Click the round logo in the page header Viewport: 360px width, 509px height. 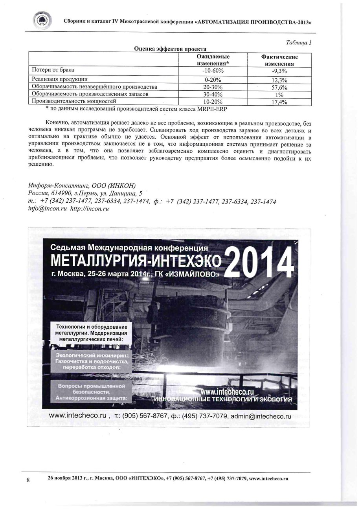click(x=42, y=20)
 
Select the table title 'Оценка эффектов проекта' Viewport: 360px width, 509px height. click(x=170, y=49)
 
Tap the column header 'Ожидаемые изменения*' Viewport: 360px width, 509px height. click(x=213, y=60)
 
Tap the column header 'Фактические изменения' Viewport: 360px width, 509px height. click(x=279, y=60)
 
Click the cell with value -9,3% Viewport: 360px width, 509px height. click(x=279, y=71)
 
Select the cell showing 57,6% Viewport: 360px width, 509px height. click(x=279, y=87)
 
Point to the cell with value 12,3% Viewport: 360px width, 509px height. click(x=279, y=80)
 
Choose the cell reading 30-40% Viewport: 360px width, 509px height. click(x=213, y=94)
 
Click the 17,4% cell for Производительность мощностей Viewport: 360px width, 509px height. click(x=279, y=102)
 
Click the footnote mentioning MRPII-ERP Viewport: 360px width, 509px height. click(x=136, y=108)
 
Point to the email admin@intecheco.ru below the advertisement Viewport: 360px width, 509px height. click(x=261, y=416)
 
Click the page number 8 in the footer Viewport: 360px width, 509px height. click(x=28, y=480)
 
